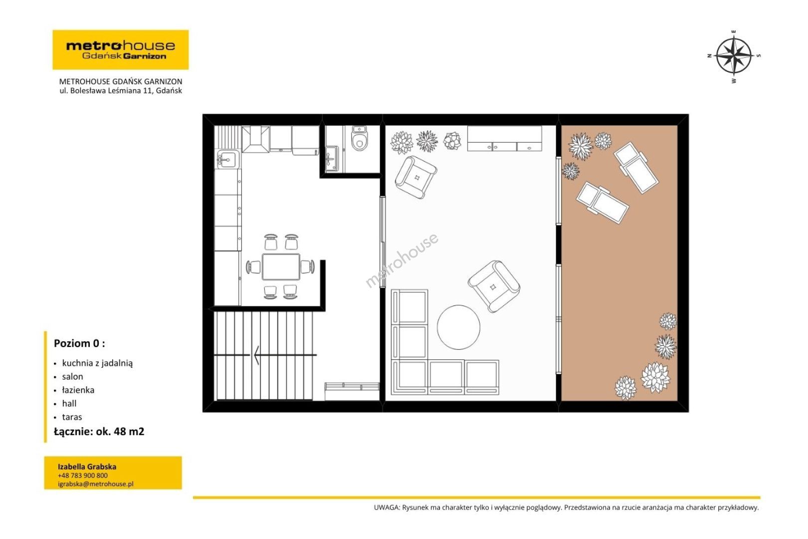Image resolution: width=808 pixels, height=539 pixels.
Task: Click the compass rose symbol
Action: tap(734, 56)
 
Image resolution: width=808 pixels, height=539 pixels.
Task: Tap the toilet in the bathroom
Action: tap(359, 138)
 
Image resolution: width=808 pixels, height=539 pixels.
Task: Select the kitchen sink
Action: tap(227, 159)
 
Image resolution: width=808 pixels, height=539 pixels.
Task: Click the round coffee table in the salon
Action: tap(458, 327)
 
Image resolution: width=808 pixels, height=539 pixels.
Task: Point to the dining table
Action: tap(281, 267)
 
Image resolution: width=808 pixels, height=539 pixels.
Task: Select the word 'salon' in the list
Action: tap(72, 376)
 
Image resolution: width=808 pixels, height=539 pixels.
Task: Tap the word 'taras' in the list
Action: tap(72, 417)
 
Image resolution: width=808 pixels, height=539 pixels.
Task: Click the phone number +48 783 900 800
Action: tap(83, 476)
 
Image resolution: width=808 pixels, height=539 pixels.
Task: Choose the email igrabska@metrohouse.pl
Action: tap(96, 484)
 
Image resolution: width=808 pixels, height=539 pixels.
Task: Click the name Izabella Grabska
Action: tap(87, 467)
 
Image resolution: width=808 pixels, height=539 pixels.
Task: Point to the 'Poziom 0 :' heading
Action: tap(79, 343)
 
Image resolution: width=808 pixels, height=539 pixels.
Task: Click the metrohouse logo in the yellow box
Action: tap(121, 50)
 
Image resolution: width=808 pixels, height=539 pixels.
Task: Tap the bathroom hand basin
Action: tap(332, 158)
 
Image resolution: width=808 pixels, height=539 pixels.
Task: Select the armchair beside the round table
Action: tap(494, 286)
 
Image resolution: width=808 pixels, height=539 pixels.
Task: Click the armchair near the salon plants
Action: tap(416, 177)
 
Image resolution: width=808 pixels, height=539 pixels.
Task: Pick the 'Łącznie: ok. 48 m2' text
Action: tap(99, 432)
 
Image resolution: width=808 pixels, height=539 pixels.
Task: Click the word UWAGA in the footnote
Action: tap(387, 508)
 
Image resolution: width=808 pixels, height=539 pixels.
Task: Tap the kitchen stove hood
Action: tap(255, 139)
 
